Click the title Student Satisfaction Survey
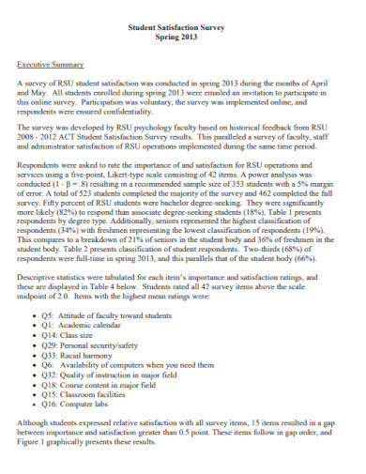coord(183,29)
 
